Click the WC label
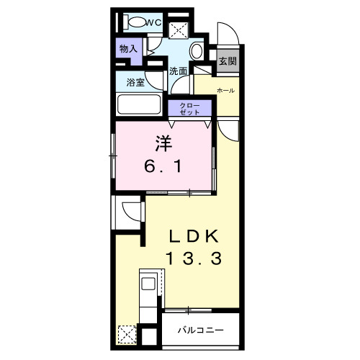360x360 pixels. point(153,22)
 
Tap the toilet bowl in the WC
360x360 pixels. point(138,22)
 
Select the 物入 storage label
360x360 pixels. point(128,49)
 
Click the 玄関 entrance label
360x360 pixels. point(228,61)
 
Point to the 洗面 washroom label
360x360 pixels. point(178,71)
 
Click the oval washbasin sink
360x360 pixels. point(197,51)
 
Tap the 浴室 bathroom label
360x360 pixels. point(135,83)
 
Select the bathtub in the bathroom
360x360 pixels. point(139,104)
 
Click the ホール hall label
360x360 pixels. point(225,91)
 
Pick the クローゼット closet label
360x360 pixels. point(189,109)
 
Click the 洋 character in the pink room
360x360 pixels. point(164,143)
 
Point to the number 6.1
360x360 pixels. point(163,166)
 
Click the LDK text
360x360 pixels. point(194,236)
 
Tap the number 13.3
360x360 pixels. point(194,258)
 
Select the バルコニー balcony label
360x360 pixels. point(201,330)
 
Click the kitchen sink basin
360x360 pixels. point(148,284)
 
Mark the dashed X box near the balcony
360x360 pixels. point(127,334)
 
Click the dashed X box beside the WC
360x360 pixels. point(178,30)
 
